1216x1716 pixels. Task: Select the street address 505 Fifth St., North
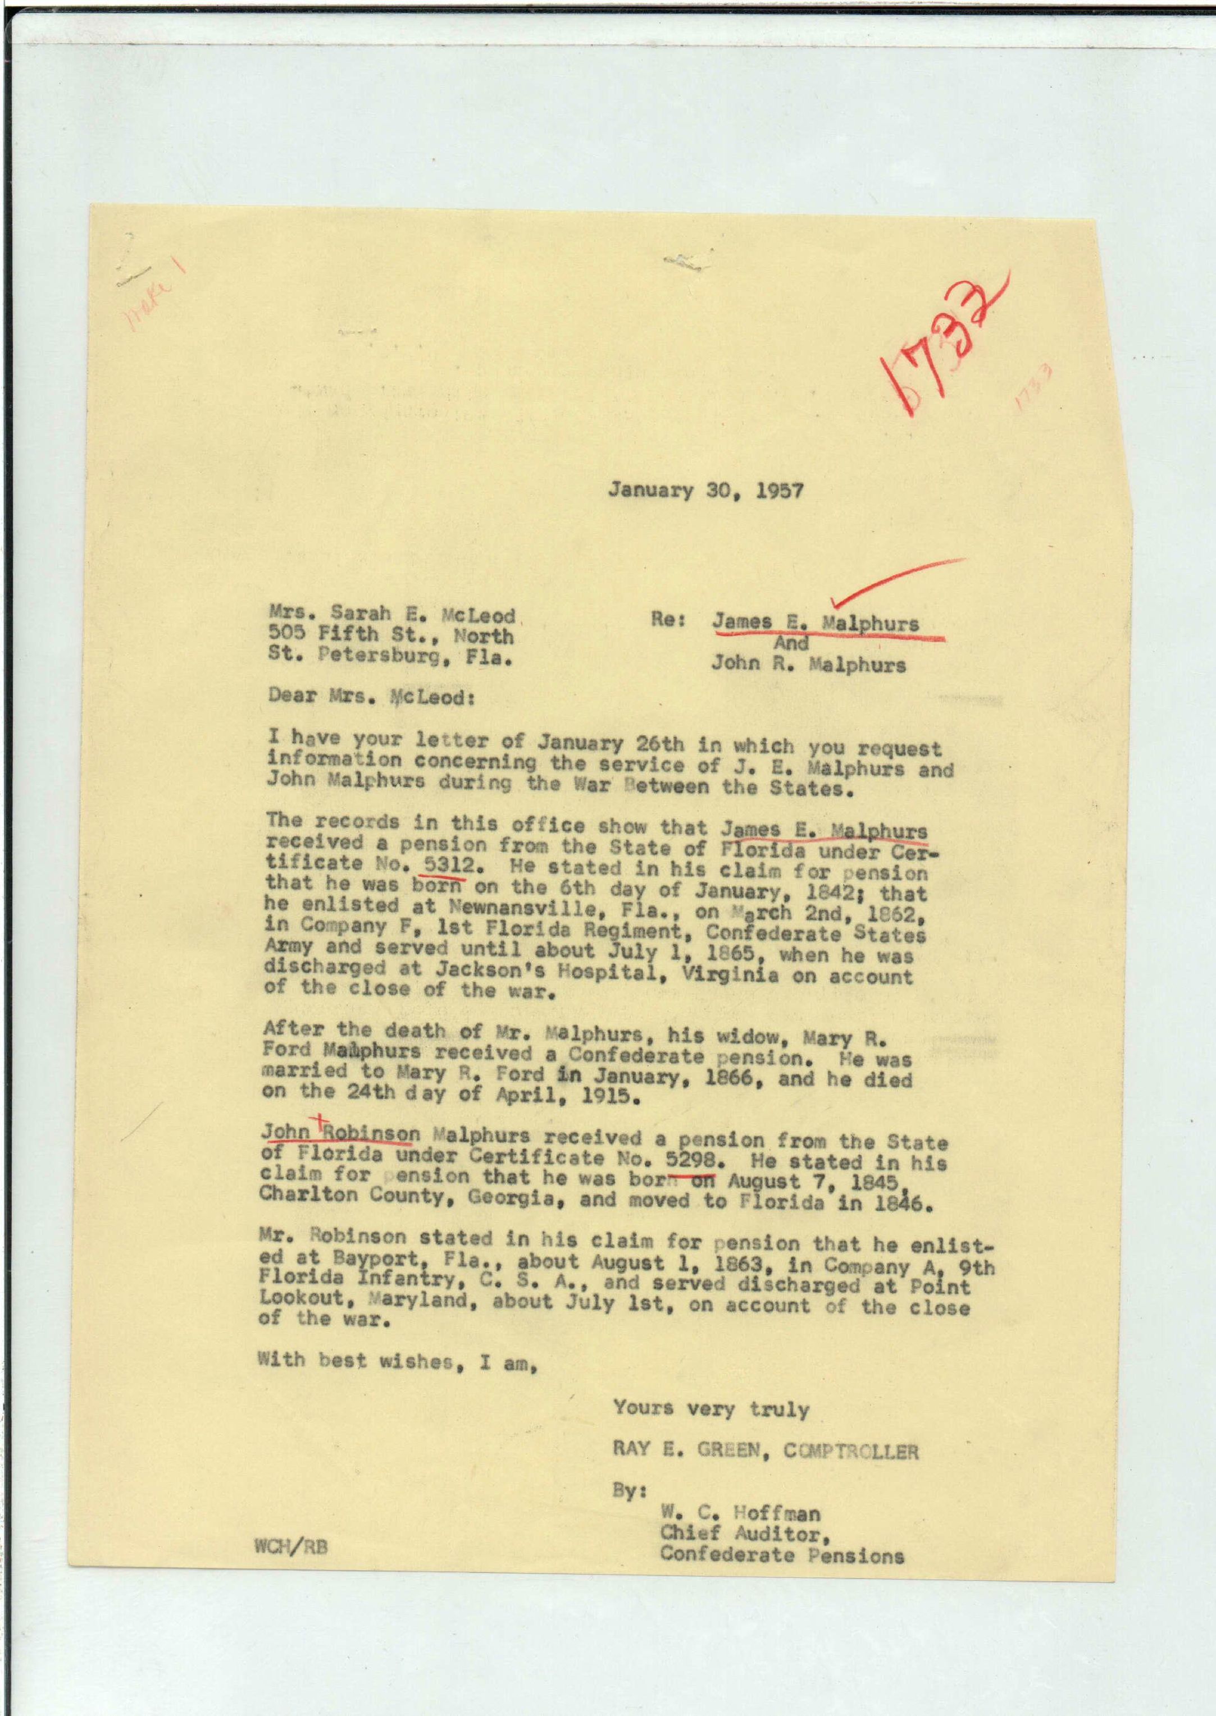point(391,636)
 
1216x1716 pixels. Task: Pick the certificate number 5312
point(449,864)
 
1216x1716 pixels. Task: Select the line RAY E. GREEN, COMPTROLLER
point(765,1451)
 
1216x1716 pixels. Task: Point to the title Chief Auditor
point(744,1532)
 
